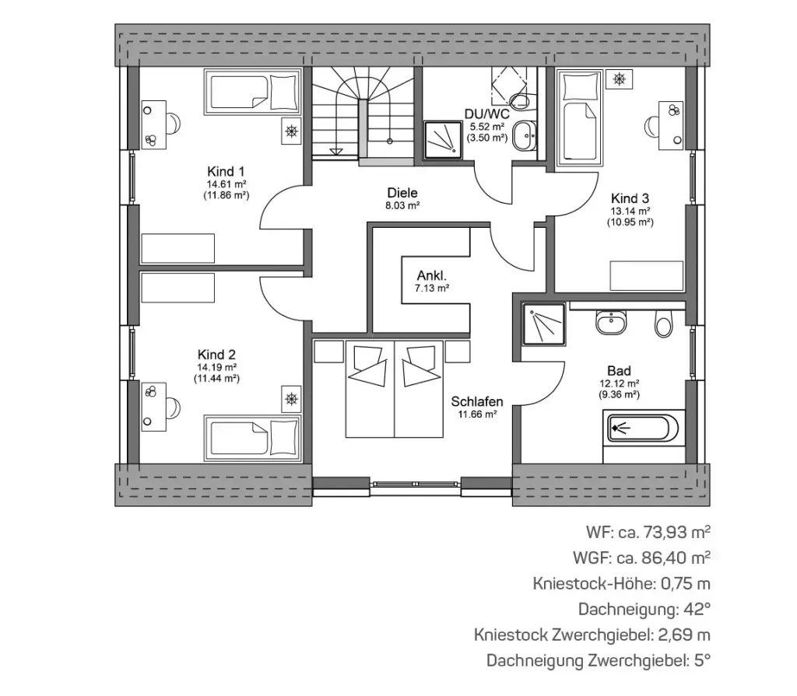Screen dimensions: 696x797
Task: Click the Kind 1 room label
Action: [x=226, y=171]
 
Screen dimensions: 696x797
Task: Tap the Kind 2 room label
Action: [x=216, y=354]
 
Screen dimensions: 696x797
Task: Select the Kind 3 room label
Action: [x=630, y=198]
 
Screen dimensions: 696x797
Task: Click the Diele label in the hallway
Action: [x=402, y=193]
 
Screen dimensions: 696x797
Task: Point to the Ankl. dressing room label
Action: [x=432, y=275]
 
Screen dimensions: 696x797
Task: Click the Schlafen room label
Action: [x=477, y=402]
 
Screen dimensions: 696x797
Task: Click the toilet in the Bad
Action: [x=663, y=324]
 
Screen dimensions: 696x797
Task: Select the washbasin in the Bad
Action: [x=611, y=322]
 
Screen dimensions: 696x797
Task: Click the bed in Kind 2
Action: [x=252, y=438]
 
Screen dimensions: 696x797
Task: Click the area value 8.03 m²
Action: [x=402, y=206]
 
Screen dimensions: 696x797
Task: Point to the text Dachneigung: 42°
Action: [x=644, y=608]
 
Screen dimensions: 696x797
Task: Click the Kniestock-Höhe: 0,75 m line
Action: [x=621, y=582]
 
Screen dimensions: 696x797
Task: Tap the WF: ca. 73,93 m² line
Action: [x=648, y=533]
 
